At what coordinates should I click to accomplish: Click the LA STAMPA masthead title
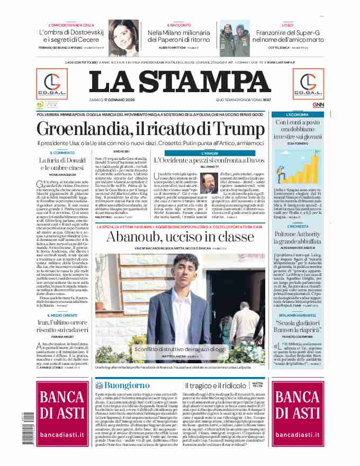coord(179,81)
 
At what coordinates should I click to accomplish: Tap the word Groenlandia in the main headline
coord(77,129)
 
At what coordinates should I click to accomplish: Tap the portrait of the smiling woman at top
coord(124,37)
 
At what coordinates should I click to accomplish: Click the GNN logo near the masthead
coord(318,105)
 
